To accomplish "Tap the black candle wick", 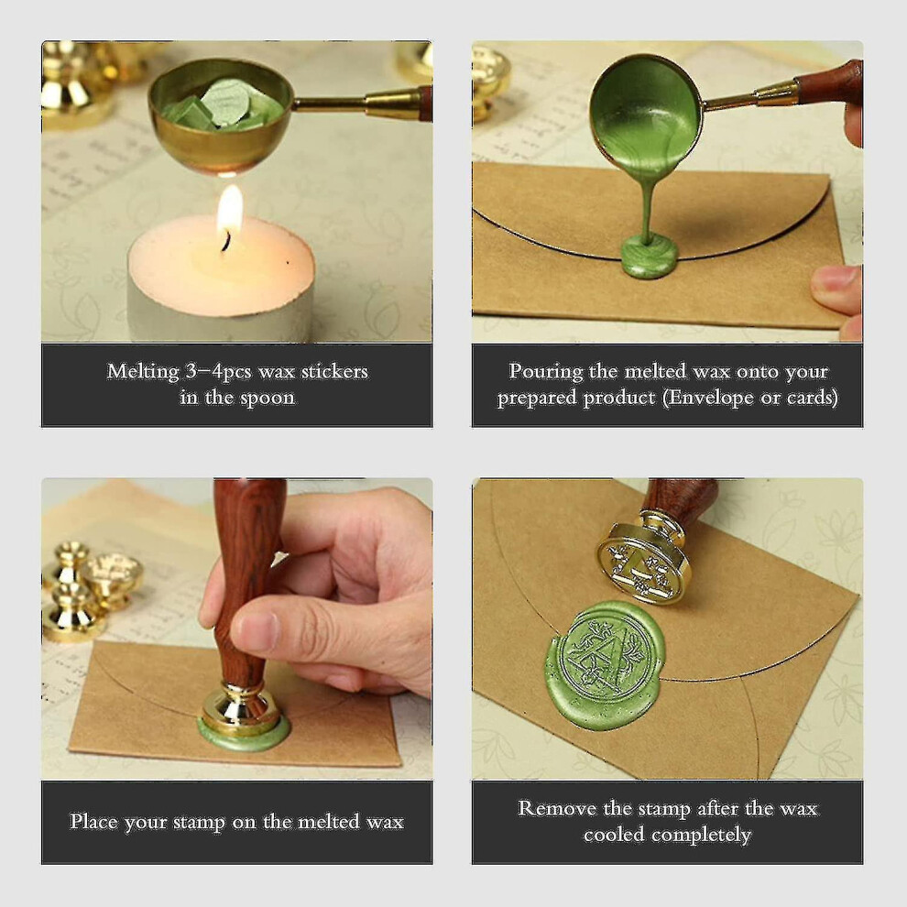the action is [225, 241].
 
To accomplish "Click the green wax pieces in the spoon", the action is [222, 106].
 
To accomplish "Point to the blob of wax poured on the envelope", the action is [649, 257].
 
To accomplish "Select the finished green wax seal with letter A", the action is [605, 664].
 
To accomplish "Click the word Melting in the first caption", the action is [143, 371].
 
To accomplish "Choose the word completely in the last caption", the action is [701, 835].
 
